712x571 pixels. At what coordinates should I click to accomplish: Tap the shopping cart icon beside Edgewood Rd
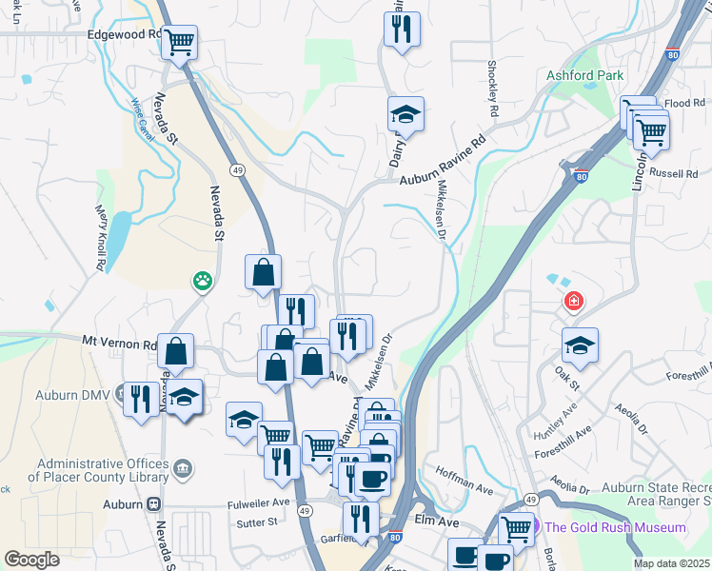point(179,42)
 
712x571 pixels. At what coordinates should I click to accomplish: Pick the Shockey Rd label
point(493,91)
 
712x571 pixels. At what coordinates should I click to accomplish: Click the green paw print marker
point(203,281)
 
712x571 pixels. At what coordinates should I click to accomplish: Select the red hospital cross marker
point(574,303)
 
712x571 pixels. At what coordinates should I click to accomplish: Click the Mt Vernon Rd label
point(119,343)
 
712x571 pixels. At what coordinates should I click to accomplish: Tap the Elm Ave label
point(438,522)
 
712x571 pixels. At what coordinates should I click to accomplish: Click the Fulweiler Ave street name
point(258,502)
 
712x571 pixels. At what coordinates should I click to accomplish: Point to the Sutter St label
point(257,522)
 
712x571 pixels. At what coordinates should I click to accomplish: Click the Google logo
point(32,560)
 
